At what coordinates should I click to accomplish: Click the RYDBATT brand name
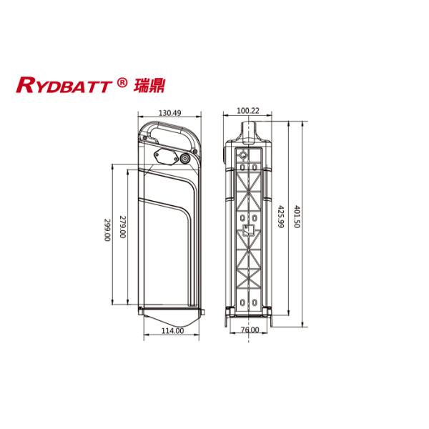(64, 85)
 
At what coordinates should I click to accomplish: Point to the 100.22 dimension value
(247, 112)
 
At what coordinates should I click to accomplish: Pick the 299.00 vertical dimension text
(107, 230)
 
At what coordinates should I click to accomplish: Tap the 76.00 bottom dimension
(249, 330)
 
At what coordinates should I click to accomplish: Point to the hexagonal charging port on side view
(164, 157)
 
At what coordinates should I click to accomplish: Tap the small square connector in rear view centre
(248, 230)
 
